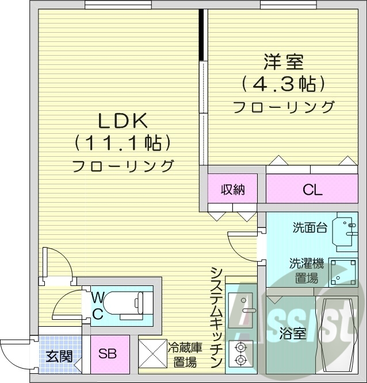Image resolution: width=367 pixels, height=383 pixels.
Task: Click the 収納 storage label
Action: tap(232, 189)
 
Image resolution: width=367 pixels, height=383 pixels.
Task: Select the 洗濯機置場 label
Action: tap(306, 271)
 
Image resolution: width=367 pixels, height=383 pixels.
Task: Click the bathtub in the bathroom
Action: tap(337, 336)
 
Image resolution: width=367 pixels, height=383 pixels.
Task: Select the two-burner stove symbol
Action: tap(240, 353)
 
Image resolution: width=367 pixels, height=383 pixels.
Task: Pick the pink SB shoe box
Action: tap(107, 354)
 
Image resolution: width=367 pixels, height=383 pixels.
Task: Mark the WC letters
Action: tap(98, 305)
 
